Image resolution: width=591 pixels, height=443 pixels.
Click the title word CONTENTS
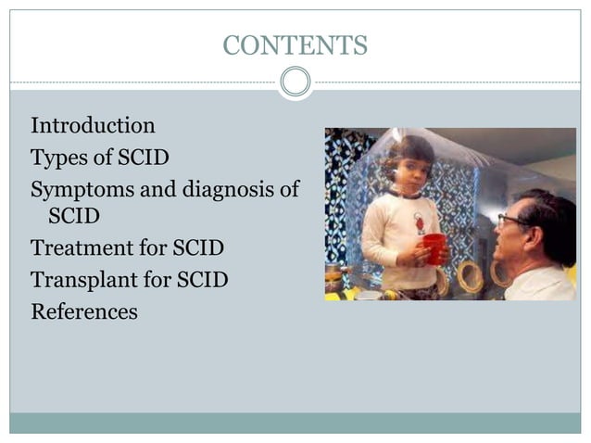(295, 44)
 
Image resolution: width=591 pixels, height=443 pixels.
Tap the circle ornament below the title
(295, 82)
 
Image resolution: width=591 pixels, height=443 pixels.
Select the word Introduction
(93, 125)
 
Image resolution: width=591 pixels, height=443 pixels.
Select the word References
(84, 311)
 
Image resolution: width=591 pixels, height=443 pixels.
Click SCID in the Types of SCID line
(143, 158)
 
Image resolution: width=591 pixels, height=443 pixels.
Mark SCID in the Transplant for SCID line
(201, 279)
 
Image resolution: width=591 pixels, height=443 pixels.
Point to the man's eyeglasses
(511, 221)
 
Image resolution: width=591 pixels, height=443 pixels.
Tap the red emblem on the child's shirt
(420, 223)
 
